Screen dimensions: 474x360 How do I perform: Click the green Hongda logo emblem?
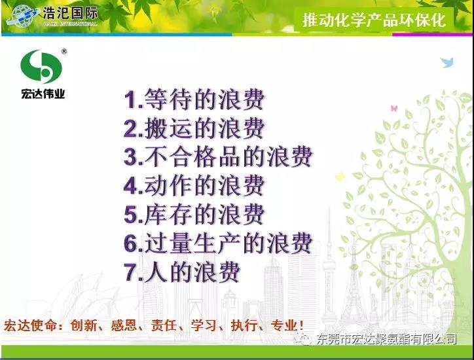(41, 67)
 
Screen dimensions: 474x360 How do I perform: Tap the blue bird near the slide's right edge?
(447, 62)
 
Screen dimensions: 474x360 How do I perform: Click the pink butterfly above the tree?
(394, 108)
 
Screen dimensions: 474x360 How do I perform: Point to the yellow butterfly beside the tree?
(340, 177)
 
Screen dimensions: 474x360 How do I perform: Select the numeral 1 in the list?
(130, 99)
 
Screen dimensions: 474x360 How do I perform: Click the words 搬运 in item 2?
(168, 128)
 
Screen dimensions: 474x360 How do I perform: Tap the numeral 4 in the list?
(130, 186)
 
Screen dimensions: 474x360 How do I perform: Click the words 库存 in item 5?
(168, 215)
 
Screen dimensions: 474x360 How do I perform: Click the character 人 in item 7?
(156, 272)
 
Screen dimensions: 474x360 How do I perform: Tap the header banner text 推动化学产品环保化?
(374, 20)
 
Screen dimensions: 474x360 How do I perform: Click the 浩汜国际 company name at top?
(70, 13)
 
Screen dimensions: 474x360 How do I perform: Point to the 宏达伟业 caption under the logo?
(43, 94)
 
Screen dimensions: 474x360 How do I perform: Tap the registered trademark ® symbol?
(64, 52)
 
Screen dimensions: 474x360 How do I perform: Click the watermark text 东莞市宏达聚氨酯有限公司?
(387, 339)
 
